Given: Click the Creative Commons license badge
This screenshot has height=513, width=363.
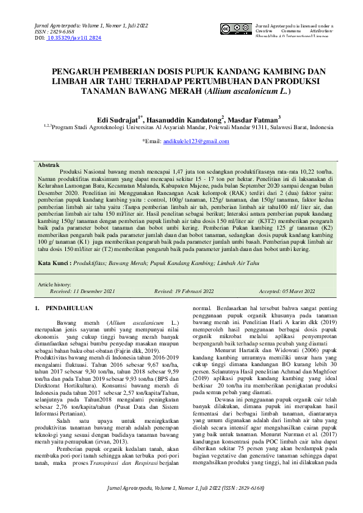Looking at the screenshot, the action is [x=235, y=29].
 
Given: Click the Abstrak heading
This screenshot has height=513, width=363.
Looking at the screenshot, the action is [x=49, y=165].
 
